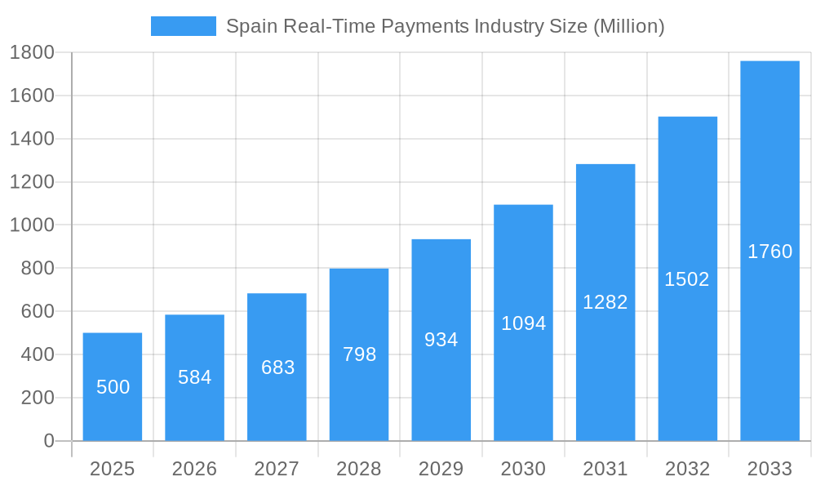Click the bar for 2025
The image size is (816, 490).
coord(113,387)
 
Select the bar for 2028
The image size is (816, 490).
coord(359,354)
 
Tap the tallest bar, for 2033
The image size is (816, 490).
coord(769,251)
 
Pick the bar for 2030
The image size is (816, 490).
coord(523,323)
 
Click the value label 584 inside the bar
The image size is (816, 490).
coord(195,377)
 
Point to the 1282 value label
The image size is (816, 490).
coord(605,302)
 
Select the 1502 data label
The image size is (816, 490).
coord(687,279)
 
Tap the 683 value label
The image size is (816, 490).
coord(277,367)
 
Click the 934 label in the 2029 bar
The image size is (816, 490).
coord(441,340)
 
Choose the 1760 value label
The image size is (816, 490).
coord(769,252)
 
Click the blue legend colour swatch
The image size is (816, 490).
coord(184,26)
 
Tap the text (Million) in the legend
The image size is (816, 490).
coord(628,26)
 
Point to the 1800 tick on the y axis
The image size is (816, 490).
coord(32,52)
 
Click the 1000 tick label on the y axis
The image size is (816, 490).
coord(32,225)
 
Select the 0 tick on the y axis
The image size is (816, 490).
coord(48,441)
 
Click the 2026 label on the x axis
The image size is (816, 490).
coord(195,469)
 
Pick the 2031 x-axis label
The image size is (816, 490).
coord(605,469)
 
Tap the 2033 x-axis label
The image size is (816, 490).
coord(769,469)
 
